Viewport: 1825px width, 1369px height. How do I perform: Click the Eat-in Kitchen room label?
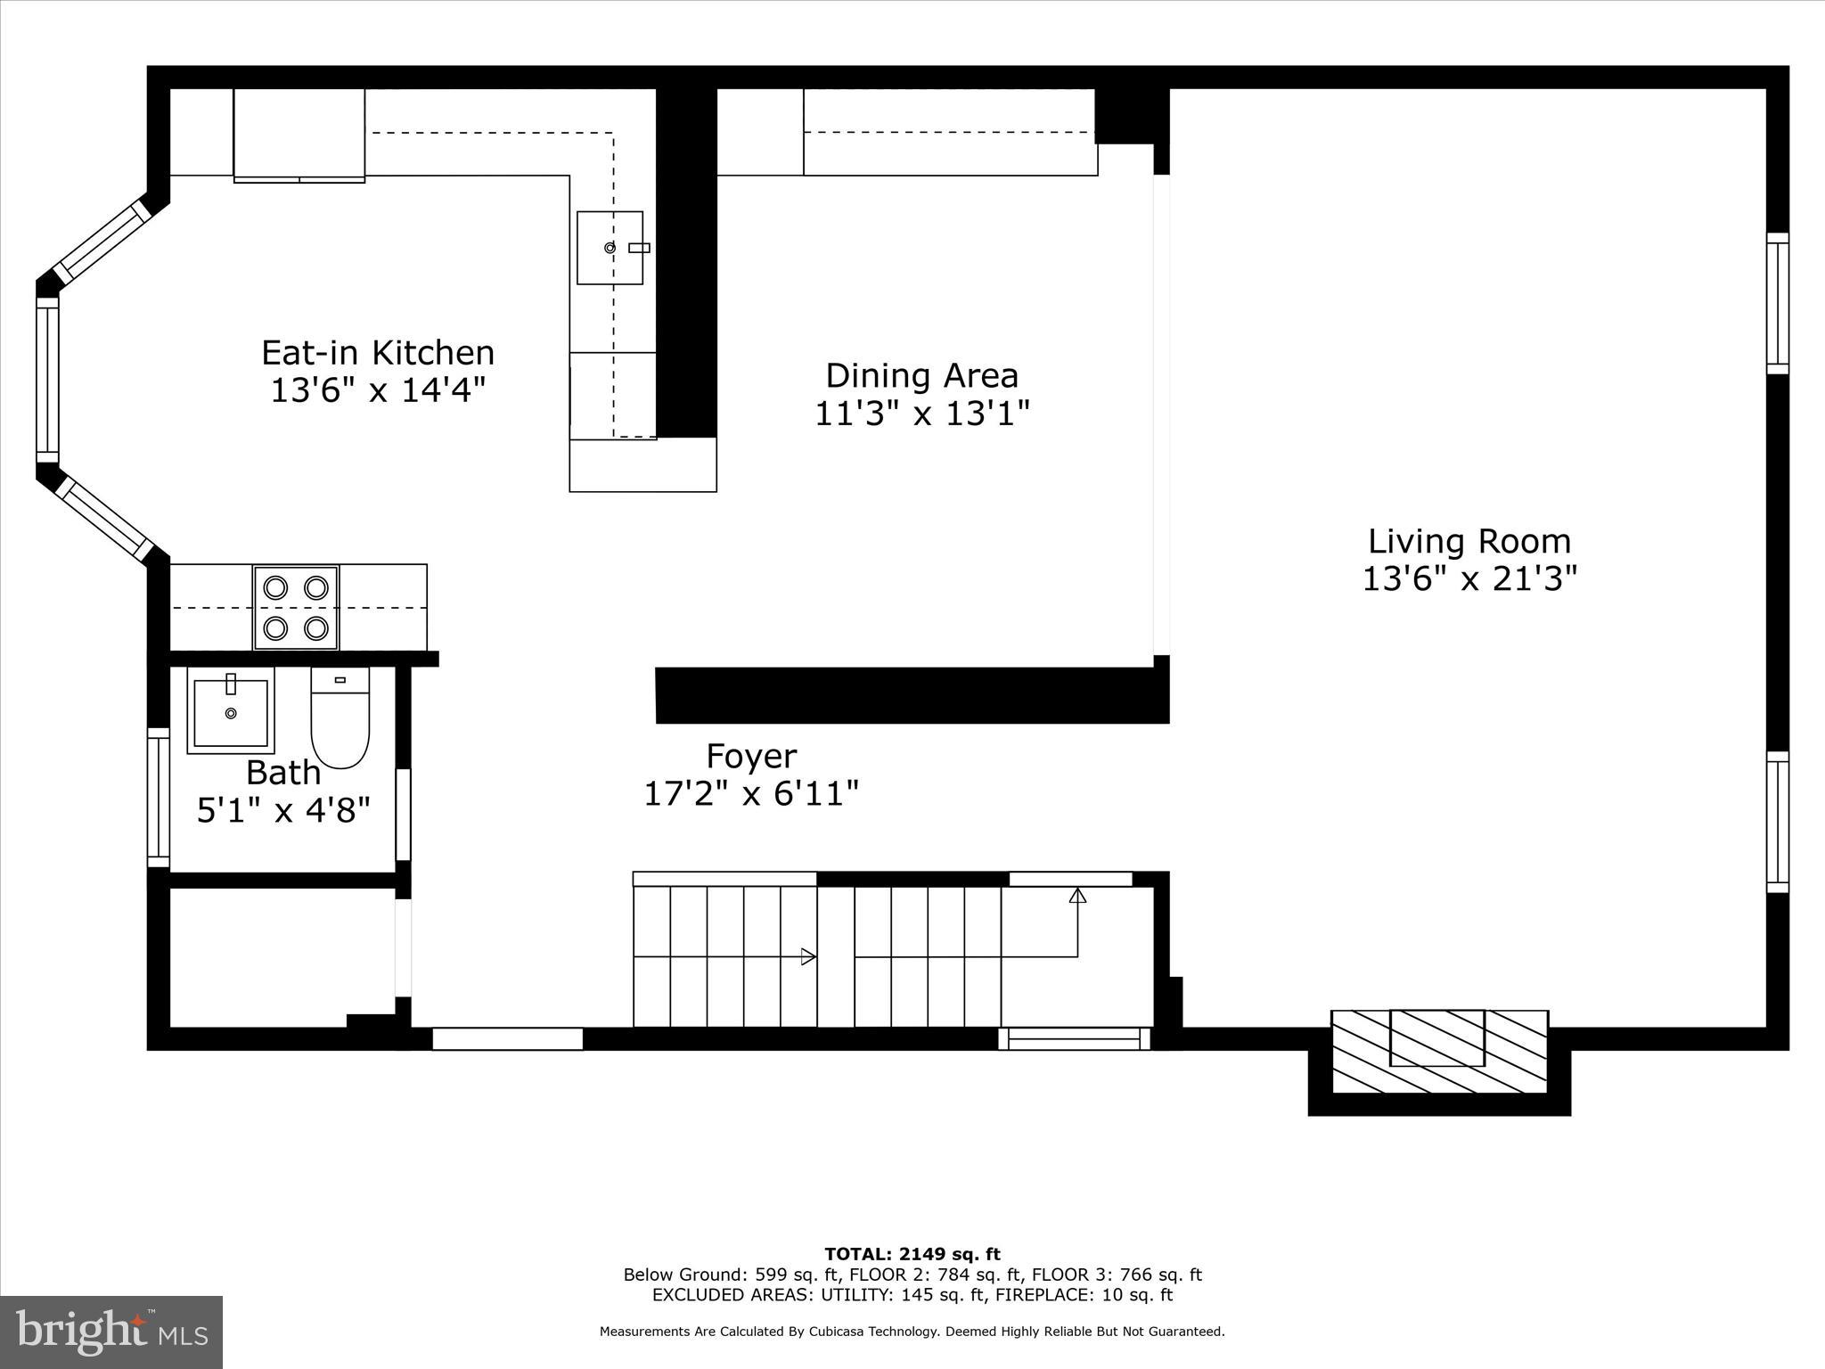coord(378,353)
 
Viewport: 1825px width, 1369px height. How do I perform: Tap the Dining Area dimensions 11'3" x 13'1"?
coord(922,414)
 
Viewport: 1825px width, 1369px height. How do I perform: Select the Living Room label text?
coord(1469,541)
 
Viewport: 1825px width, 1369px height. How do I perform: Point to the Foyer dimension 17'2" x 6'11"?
coord(751,793)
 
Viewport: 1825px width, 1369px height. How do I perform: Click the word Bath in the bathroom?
coord(283,772)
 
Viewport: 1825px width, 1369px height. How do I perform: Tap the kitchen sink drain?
coord(610,248)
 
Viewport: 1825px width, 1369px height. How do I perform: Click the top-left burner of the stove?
coord(275,587)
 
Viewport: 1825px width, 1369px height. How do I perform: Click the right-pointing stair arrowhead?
coord(808,956)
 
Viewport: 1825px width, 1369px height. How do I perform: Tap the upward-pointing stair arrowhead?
coord(1077,896)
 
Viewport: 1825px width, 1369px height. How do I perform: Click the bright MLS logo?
coord(110,1332)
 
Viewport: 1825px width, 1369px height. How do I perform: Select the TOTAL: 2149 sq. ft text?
coord(912,1254)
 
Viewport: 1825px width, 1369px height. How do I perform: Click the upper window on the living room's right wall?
coord(1777,303)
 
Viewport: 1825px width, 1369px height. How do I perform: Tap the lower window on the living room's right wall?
coord(1777,822)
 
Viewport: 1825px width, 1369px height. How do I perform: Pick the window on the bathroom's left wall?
coord(158,797)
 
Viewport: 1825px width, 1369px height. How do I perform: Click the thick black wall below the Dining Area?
coord(911,695)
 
